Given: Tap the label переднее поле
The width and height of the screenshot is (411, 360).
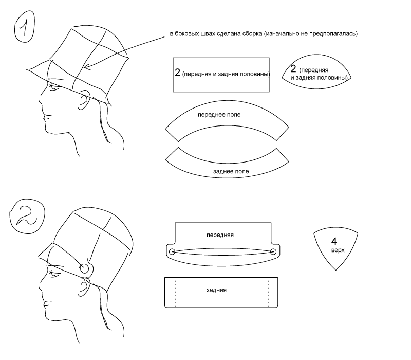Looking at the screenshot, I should [x=219, y=115].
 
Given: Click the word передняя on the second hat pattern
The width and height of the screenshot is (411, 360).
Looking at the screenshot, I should [x=220, y=235].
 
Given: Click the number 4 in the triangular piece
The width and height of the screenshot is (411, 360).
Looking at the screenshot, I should [x=334, y=241].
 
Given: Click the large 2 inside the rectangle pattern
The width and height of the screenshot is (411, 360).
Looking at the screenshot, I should [x=178, y=73].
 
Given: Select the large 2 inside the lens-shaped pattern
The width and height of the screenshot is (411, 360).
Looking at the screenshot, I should [x=293, y=69].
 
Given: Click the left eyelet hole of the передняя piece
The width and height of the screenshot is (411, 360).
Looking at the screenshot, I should [x=172, y=251].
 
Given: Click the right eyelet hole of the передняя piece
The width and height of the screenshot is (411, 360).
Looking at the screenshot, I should [x=273, y=251].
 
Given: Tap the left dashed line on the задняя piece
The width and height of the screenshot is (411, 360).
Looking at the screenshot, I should [x=175, y=293].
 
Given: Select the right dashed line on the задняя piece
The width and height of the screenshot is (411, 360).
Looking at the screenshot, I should [x=269, y=293].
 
